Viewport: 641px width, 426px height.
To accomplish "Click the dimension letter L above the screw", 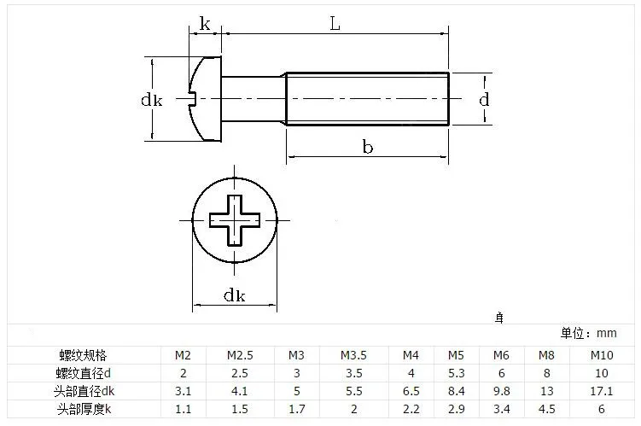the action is [x=335, y=24].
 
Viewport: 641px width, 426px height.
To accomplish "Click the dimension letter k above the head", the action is [x=205, y=24].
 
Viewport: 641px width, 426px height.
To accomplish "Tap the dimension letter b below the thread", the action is [x=368, y=146].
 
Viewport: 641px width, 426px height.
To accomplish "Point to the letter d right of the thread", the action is [x=484, y=99].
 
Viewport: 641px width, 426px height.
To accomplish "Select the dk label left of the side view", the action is [x=152, y=99].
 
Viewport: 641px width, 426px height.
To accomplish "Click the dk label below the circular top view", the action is [x=234, y=295].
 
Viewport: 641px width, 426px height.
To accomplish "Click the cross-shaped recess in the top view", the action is [x=234, y=220].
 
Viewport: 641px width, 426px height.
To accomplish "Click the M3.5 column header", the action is [x=353, y=355].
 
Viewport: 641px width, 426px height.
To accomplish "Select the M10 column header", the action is [x=602, y=355].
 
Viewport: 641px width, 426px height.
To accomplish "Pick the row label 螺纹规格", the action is [x=84, y=355].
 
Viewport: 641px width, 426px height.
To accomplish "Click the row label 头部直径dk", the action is [x=84, y=391].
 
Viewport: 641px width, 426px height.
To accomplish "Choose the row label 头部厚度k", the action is [x=84, y=409].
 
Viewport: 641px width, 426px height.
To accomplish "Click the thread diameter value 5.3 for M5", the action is [x=457, y=373].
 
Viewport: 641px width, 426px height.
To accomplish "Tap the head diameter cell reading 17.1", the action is [x=602, y=391].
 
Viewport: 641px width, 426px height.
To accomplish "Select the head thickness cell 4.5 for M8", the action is [x=546, y=409].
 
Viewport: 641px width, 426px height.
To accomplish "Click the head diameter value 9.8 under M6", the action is [x=502, y=391].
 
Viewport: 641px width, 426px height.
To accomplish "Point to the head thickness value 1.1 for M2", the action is [x=184, y=409].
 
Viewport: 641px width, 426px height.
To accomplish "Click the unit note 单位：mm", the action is [x=588, y=333].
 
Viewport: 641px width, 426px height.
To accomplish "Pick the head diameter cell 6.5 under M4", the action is [x=411, y=391].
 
